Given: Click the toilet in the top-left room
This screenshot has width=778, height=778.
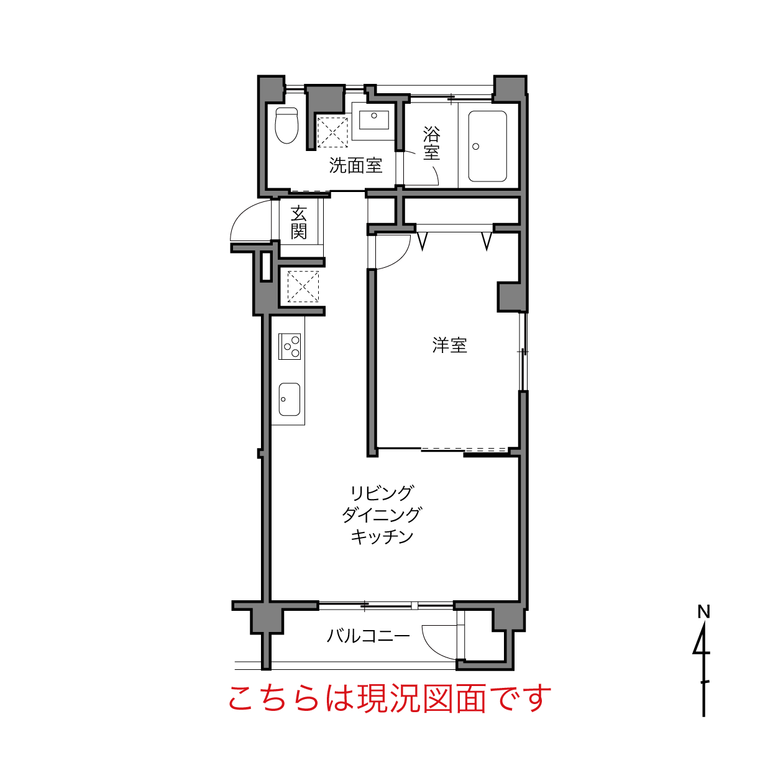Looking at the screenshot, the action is (286, 125).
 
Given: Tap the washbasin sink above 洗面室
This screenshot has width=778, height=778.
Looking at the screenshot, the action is (374, 120).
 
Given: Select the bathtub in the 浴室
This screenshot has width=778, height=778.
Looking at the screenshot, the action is (487, 146).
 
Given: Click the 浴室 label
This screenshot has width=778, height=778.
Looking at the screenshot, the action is (431, 144).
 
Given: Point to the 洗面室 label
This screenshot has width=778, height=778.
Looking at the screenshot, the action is (355, 165).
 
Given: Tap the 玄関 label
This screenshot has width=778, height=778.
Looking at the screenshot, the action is (299, 222).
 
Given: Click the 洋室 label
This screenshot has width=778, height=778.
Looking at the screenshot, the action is (449, 346).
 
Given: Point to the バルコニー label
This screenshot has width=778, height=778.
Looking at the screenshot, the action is (368, 636).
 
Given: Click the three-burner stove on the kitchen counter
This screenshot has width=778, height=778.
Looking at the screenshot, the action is (290, 346).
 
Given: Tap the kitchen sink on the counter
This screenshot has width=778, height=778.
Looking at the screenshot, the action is (290, 400).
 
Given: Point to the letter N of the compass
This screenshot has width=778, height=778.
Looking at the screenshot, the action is (703, 612).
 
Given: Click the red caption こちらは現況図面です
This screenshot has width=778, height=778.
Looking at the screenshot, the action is (390, 698).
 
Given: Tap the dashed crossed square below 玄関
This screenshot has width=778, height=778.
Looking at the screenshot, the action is (303, 286).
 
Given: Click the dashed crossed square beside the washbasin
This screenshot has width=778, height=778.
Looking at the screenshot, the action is (332, 133).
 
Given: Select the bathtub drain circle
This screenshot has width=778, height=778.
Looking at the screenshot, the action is (475, 147).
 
